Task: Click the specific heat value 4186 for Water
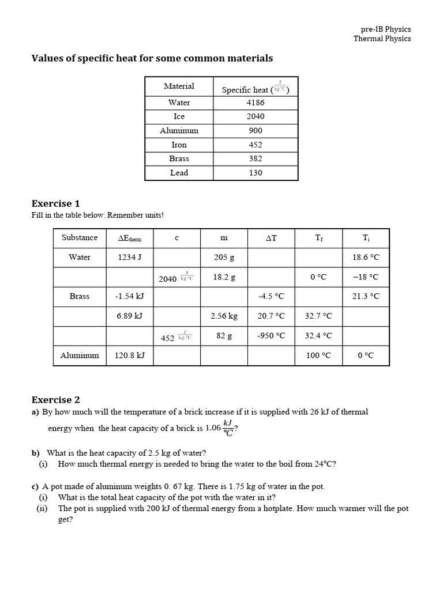click(256, 103)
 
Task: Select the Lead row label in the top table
click(179, 173)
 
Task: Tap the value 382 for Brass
click(256, 158)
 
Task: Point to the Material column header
click(179, 86)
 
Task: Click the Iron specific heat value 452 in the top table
click(256, 145)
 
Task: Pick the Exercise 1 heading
click(55, 203)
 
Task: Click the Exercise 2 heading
click(55, 400)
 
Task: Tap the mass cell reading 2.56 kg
click(224, 316)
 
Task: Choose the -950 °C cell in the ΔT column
click(271, 336)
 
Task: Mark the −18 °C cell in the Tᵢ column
click(365, 277)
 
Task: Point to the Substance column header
click(80, 237)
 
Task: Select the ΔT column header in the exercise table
click(271, 238)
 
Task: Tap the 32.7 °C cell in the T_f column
click(318, 316)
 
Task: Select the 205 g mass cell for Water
click(224, 258)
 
